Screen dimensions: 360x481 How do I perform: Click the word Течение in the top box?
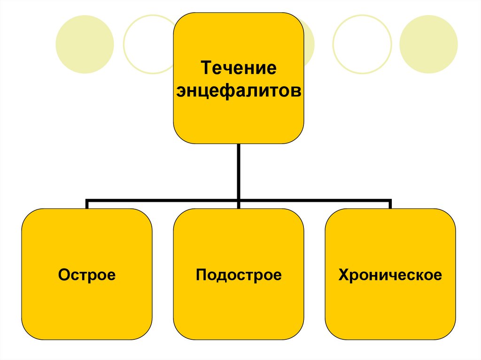coord(238,69)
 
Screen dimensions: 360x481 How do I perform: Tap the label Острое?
coord(87,275)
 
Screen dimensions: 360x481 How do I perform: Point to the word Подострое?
coord(239,275)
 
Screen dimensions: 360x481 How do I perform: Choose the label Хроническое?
coord(390,275)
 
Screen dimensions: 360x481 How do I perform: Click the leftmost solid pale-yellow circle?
coord(85,45)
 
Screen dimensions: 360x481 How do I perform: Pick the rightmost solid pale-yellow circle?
coord(428,45)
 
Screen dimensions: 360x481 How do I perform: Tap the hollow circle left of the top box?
coord(147,45)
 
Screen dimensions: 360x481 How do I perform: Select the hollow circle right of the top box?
coord(362,45)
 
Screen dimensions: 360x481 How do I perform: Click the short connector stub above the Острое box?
coord(87,205)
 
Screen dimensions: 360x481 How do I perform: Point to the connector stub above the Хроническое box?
coord(390,205)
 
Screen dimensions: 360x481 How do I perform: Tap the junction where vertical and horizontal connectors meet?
coord(239,200)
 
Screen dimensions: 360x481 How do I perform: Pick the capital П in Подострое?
coord(201,275)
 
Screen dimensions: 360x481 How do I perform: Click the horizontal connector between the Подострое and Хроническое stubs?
coord(315,200)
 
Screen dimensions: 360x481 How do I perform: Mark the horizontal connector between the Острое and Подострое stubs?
coord(162,200)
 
